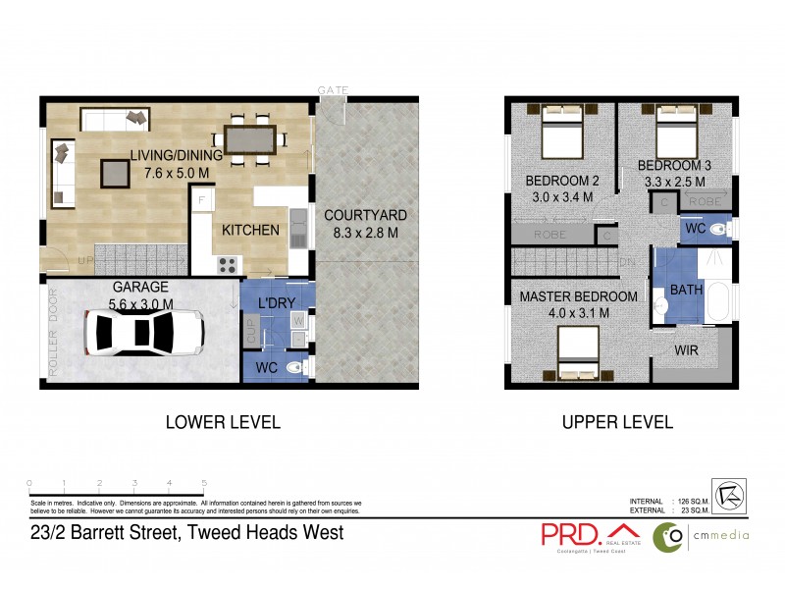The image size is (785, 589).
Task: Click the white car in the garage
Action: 143,332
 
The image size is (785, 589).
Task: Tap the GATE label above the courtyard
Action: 333,89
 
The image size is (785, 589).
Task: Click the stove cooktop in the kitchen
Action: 228,264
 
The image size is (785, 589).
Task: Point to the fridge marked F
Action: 202,201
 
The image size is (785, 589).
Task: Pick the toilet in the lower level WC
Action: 305,367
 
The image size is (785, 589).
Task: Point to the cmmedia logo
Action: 702,535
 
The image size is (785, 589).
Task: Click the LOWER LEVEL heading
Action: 223,423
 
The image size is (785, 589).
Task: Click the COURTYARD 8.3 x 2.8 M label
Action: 366,224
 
